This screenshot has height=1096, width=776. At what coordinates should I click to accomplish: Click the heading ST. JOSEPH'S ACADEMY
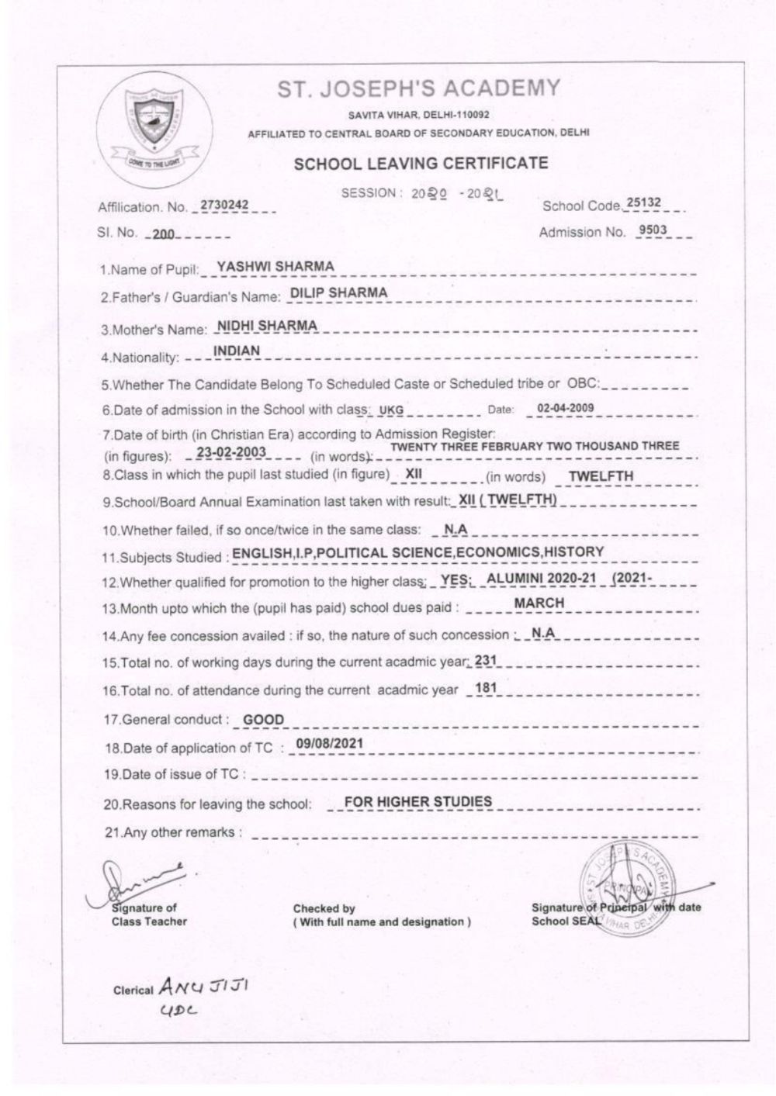pos(419,89)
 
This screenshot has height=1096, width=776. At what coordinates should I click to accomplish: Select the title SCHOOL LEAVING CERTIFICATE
pos(421,163)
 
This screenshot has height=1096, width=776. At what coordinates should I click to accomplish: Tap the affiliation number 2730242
pos(224,205)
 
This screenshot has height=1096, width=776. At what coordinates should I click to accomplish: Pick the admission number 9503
pos(652,230)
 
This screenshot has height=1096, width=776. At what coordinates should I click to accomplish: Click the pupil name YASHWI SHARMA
pos(275,267)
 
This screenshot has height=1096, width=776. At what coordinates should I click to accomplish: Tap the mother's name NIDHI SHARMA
pos(267,325)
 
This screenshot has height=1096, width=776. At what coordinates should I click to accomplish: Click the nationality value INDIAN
pos(237,351)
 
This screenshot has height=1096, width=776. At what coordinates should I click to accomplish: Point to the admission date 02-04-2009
pos(566,409)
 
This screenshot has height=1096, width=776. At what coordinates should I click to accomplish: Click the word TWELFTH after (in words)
pos(601,476)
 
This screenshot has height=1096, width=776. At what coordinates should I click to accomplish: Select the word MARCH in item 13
pos(539,603)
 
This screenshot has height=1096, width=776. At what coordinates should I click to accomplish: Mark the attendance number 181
pos(485,687)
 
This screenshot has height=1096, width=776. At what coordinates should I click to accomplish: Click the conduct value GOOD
pos(264,720)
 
